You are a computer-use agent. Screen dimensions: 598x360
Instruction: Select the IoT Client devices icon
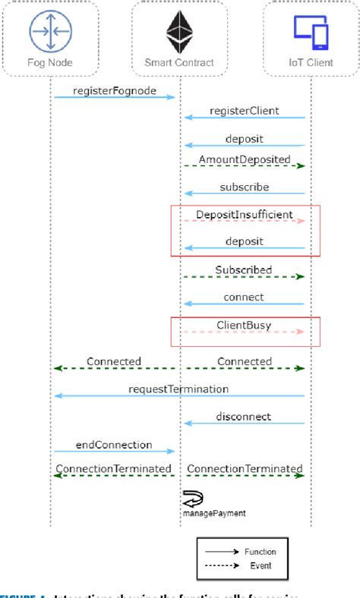tap(311, 30)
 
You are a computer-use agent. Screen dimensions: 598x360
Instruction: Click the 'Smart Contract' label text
tap(179, 63)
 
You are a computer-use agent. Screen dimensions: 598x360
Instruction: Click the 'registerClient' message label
tap(245, 111)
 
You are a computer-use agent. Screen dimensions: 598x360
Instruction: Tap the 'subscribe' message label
tap(244, 187)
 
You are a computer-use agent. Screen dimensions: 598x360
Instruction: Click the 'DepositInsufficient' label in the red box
tap(244, 215)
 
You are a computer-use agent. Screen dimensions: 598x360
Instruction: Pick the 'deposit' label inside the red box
tap(244, 241)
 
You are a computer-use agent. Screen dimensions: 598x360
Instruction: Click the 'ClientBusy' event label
tap(244, 326)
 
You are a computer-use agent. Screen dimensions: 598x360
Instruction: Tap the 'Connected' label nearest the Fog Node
tap(114, 362)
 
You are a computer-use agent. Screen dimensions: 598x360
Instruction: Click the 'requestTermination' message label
tap(178, 389)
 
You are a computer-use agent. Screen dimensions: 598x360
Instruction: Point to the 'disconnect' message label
tap(245, 417)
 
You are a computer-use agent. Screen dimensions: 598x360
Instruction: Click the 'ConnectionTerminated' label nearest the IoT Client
tap(244, 469)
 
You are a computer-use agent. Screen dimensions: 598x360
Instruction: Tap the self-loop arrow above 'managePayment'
tap(191, 499)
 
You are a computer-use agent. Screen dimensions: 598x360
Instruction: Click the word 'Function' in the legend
tap(261, 552)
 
